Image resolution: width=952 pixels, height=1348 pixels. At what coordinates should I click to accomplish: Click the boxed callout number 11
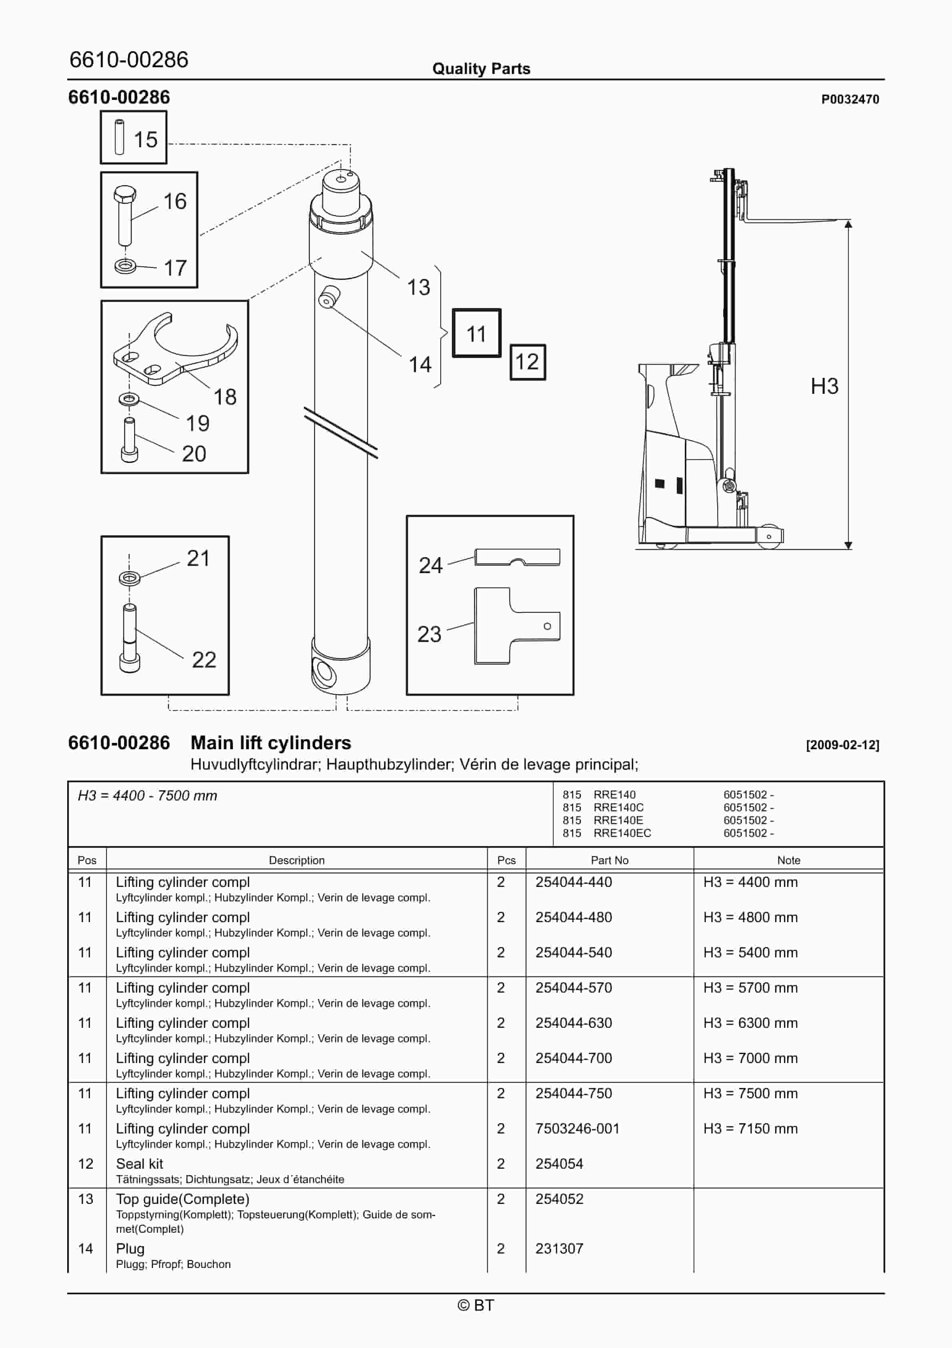[x=476, y=333]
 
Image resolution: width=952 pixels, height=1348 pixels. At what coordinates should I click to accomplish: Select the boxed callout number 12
[x=527, y=362]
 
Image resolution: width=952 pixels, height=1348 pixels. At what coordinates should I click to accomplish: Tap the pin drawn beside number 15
[x=119, y=137]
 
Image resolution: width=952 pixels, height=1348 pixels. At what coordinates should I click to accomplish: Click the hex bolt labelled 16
[x=124, y=215]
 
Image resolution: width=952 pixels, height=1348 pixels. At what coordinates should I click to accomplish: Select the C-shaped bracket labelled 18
[x=176, y=352]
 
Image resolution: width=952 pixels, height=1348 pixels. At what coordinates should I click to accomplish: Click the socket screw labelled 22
[x=129, y=640]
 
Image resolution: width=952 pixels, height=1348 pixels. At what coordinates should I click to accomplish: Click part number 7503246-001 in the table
[x=577, y=1128]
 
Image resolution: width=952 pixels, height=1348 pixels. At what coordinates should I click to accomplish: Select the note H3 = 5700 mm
[x=750, y=987]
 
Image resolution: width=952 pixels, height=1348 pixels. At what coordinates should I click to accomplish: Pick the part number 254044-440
[x=574, y=882]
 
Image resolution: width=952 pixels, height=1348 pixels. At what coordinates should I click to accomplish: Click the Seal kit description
[x=140, y=1163]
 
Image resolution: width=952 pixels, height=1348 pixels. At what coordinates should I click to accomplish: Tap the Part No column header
[x=609, y=860]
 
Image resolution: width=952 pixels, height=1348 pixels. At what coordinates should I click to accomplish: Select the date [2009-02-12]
[x=842, y=745]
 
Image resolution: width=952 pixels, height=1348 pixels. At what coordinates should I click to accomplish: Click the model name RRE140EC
[x=622, y=833]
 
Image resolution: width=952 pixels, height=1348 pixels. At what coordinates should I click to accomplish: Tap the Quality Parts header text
[x=481, y=69]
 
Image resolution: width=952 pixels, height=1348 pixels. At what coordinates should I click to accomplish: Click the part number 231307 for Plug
[x=559, y=1249]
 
